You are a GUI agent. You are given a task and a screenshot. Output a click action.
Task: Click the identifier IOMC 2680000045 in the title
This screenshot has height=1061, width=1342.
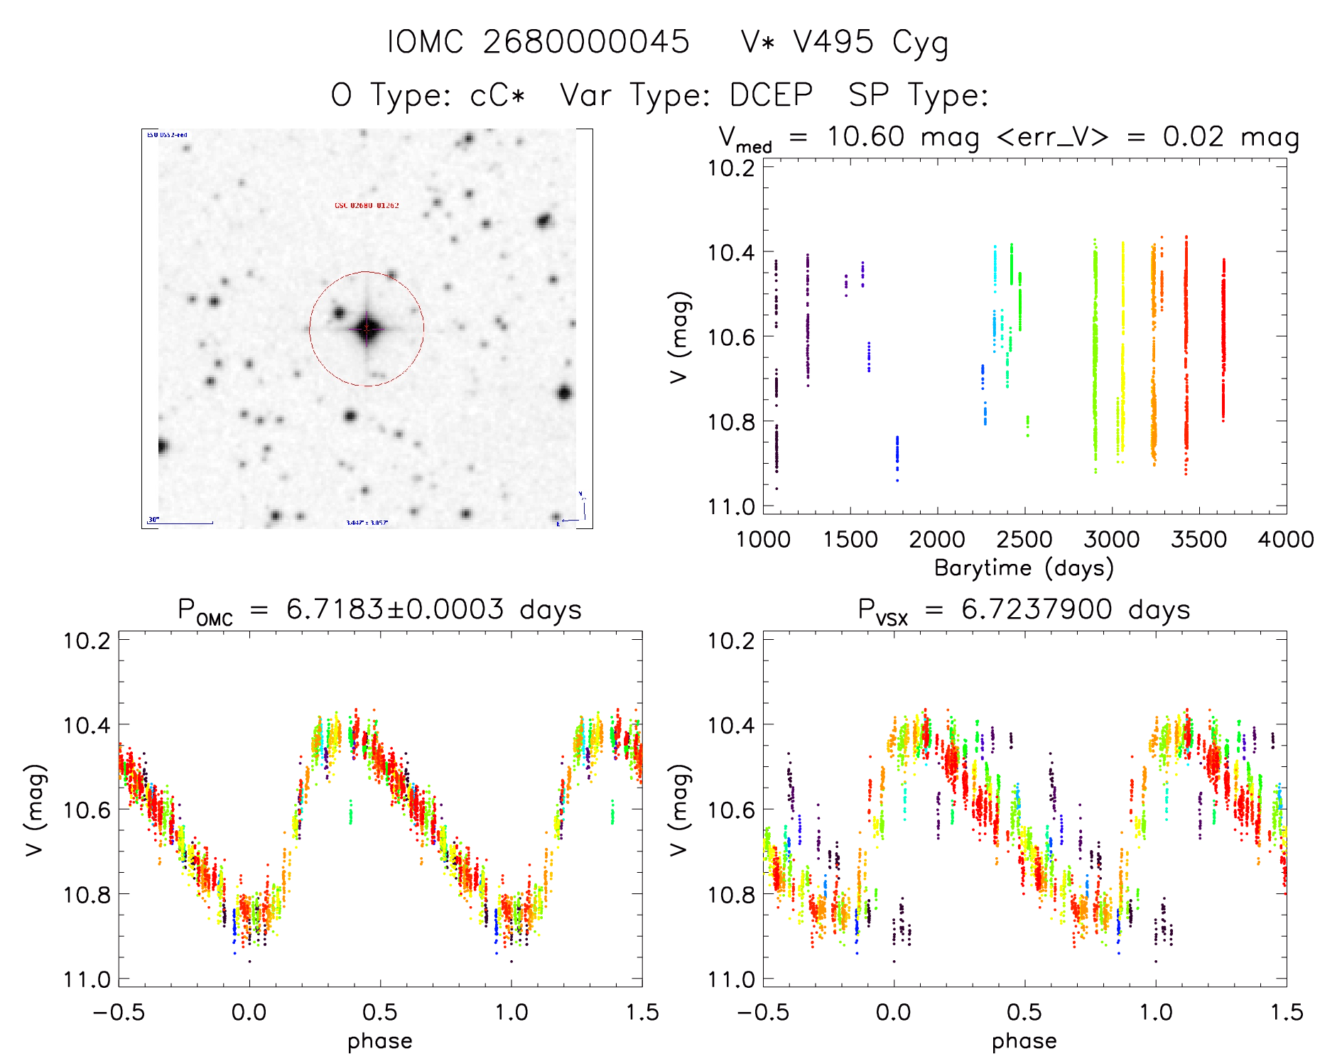click(x=538, y=42)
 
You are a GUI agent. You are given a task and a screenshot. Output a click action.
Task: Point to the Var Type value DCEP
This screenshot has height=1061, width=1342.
click(x=771, y=95)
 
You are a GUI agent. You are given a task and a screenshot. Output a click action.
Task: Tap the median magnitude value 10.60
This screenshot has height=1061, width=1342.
click(x=865, y=136)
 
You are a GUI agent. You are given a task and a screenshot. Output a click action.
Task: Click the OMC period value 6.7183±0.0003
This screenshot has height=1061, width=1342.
click(x=395, y=609)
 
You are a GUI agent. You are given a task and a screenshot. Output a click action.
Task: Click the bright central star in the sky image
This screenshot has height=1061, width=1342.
click(x=367, y=328)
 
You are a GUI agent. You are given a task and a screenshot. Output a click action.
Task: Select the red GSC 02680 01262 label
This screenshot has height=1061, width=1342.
click(x=367, y=205)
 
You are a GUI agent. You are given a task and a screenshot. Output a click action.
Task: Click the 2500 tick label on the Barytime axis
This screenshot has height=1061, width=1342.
click(x=1024, y=540)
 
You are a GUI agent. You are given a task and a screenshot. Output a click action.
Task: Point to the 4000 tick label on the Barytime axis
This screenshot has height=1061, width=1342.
click(x=1285, y=540)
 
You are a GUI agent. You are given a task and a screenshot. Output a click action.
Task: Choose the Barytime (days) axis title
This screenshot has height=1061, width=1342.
click(x=1024, y=568)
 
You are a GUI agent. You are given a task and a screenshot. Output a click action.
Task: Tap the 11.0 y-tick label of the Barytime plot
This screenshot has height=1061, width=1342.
click(x=731, y=506)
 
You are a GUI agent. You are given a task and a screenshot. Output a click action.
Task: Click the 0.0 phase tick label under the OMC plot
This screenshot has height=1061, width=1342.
click(x=249, y=1012)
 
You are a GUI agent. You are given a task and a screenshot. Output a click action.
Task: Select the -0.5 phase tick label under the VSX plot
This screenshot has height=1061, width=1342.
click(x=762, y=1012)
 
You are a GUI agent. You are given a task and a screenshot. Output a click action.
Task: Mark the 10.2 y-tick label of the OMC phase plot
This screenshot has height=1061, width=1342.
click(x=87, y=641)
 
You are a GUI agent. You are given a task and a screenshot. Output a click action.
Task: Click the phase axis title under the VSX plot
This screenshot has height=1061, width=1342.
click(x=1024, y=1041)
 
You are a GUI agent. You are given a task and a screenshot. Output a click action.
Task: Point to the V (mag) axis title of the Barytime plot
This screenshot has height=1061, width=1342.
click(x=679, y=337)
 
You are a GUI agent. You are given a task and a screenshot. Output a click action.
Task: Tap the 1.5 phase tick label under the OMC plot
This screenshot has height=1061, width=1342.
click(x=642, y=1012)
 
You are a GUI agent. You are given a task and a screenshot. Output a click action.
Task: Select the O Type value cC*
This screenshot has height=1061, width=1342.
click(x=497, y=95)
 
